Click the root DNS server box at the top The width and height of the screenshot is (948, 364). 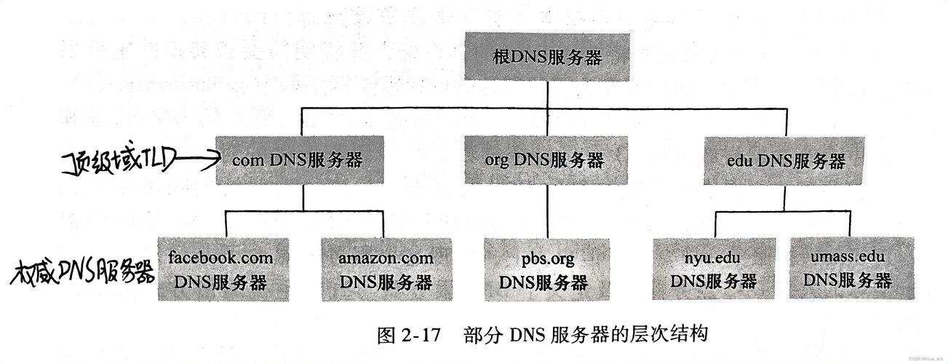547,57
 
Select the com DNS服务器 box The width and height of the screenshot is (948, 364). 300,160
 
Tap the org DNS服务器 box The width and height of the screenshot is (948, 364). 546,160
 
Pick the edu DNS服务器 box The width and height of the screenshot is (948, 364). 784,161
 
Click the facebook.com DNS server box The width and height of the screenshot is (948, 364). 223,269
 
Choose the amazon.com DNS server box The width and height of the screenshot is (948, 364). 386,269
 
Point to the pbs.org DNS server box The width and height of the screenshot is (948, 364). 547,269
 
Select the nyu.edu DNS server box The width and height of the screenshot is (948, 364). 714,269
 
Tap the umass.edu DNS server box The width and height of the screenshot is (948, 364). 851,268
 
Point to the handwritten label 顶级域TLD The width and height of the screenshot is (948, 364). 118,162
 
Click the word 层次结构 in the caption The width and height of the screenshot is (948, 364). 669,334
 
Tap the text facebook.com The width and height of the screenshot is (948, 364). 220,257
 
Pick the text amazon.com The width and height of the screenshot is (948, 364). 386,258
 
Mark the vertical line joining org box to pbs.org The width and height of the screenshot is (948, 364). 547,211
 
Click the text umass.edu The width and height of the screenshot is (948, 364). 848,256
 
